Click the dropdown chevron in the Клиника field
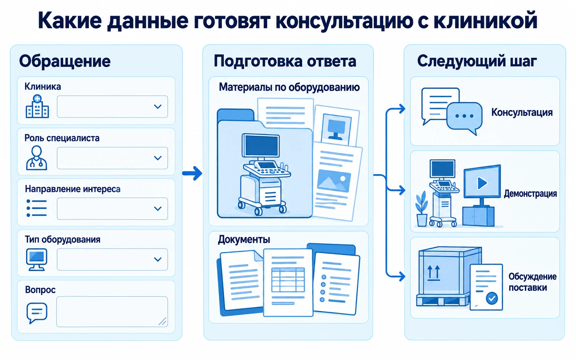pos(158,106)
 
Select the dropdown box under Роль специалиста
pos(112,158)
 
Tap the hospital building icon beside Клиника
pos(37,106)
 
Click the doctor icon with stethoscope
pos(37,158)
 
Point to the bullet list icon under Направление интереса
pos(37,208)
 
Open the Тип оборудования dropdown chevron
pos(158,259)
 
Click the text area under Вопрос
pos(112,311)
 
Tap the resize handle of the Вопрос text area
pos(162,321)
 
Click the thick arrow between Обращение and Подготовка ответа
pos(192,173)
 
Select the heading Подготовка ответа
pos(285,61)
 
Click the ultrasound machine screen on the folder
pos(261,145)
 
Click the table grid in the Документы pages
pos(288,279)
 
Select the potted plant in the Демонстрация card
pos(422,209)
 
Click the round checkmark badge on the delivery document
pos(492,298)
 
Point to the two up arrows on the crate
pos(434,273)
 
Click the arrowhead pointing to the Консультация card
pos(402,109)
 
